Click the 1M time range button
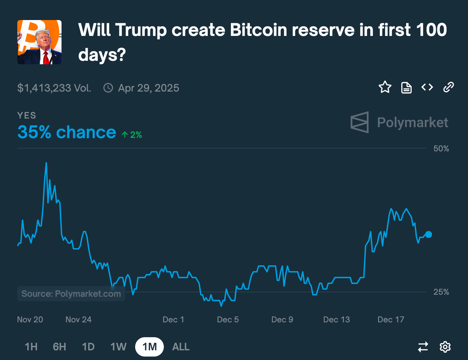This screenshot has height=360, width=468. [x=149, y=347]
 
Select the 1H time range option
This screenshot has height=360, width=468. [x=31, y=347]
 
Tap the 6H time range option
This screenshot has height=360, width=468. [x=59, y=347]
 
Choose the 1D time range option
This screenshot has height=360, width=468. [x=88, y=347]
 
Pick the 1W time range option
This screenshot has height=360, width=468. [x=119, y=347]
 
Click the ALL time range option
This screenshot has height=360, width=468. [x=181, y=347]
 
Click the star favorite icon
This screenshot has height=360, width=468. [x=385, y=87]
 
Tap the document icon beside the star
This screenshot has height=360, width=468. [x=406, y=87]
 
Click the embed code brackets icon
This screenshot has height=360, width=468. [x=427, y=87]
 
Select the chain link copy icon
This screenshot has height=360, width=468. [x=448, y=87]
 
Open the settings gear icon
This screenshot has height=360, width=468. [x=445, y=347]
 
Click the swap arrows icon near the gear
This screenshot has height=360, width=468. [x=423, y=347]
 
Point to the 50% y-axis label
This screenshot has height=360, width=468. [x=441, y=149]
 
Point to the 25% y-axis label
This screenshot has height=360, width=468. [x=441, y=292]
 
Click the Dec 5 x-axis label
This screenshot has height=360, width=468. [x=228, y=320]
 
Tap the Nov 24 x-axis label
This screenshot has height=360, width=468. [x=78, y=320]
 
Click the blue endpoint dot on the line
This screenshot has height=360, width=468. [x=429, y=235]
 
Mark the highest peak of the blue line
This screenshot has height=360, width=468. [x=46, y=163]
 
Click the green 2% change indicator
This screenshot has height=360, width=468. [x=132, y=135]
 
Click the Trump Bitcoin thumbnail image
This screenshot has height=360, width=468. [x=39, y=42]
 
